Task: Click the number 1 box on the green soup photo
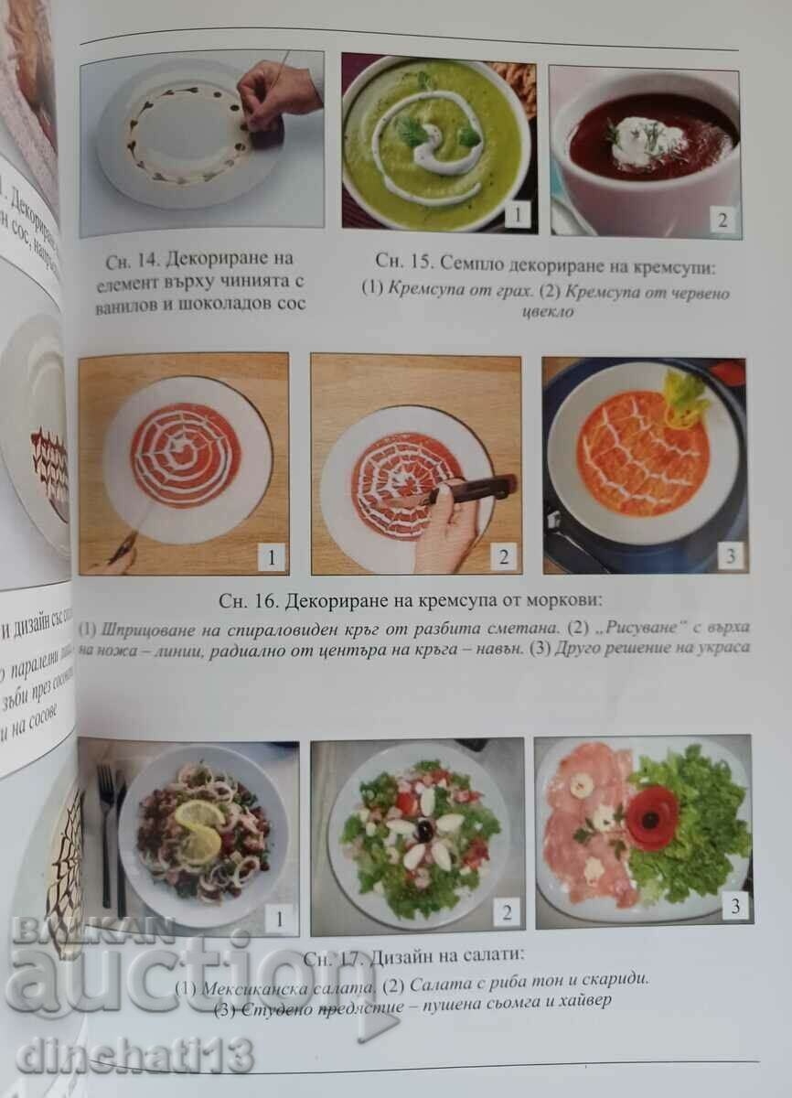[517, 215]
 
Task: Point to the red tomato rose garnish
[653, 817]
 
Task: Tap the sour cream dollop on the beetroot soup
[646, 141]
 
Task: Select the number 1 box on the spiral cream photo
[272, 555]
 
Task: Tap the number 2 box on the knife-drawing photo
[504, 555]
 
